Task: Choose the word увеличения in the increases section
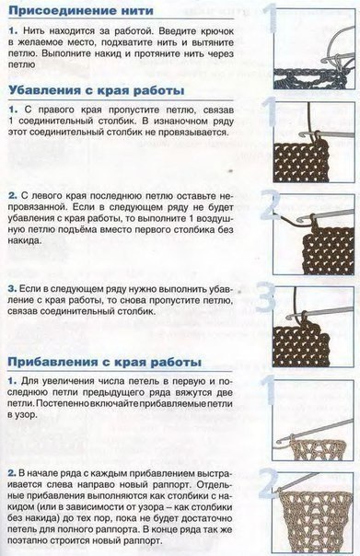point(73,380)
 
